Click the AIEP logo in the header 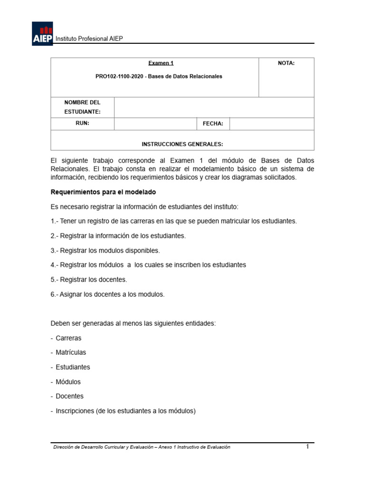[x=42, y=34]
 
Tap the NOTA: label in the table [x=286, y=63]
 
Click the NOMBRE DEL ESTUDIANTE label [x=82, y=107]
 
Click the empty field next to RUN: [x=155, y=124]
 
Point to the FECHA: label [x=213, y=124]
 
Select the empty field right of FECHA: [x=271, y=124]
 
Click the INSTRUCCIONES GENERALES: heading [x=182, y=144]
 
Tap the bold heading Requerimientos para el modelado [x=103, y=192]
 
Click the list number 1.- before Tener [x=54, y=221]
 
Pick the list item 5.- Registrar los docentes [x=89, y=280]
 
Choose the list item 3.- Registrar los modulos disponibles [x=105, y=250]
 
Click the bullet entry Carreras [x=68, y=338]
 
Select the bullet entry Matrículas [x=71, y=352]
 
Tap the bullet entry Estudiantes [x=73, y=367]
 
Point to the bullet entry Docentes [x=69, y=396]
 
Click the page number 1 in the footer [x=307, y=447]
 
